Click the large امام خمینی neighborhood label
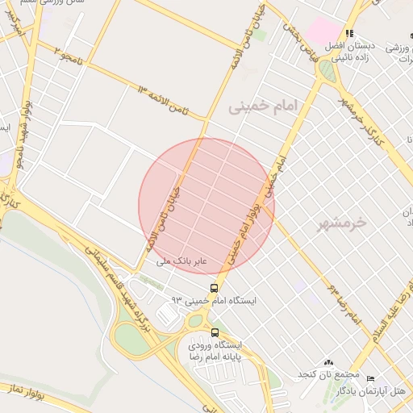tap(262, 106)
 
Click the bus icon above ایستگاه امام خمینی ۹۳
tap(214, 288)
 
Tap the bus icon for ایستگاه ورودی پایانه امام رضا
tap(214, 332)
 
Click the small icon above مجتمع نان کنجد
tap(328, 362)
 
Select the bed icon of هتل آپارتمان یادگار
tap(370, 378)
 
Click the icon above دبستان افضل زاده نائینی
tap(349, 33)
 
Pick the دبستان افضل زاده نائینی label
tap(348, 52)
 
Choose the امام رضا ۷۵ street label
tap(344, 303)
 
